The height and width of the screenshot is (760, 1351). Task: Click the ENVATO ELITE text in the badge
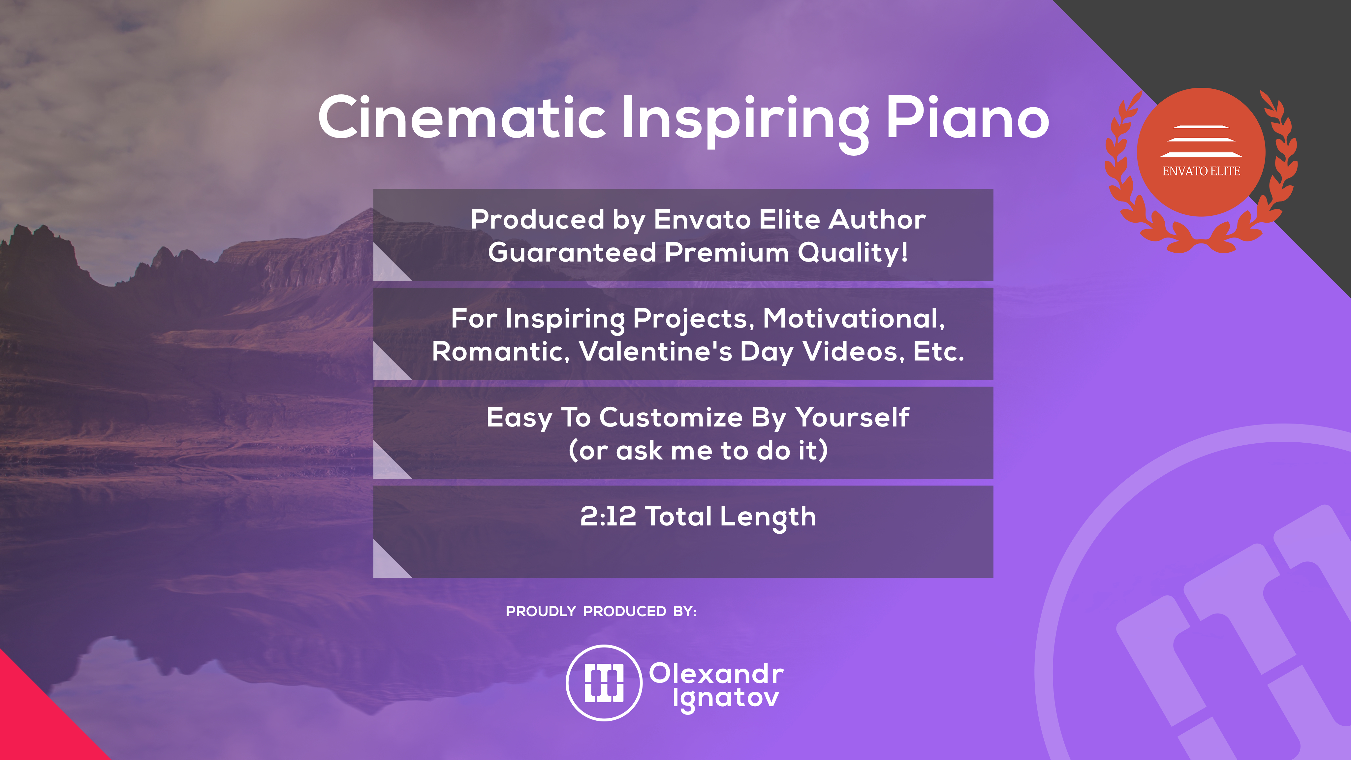point(1201,171)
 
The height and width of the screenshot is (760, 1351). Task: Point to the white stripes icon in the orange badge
point(1201,141)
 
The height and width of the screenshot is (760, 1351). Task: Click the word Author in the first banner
point(877,219)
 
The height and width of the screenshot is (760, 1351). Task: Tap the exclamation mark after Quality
point(904,252)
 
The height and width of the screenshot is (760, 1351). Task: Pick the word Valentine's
point(656,351)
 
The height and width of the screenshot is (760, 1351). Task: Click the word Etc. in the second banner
point(938,351)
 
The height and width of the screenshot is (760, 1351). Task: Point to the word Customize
point(671,418)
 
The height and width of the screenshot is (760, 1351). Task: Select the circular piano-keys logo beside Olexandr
point(604,683)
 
